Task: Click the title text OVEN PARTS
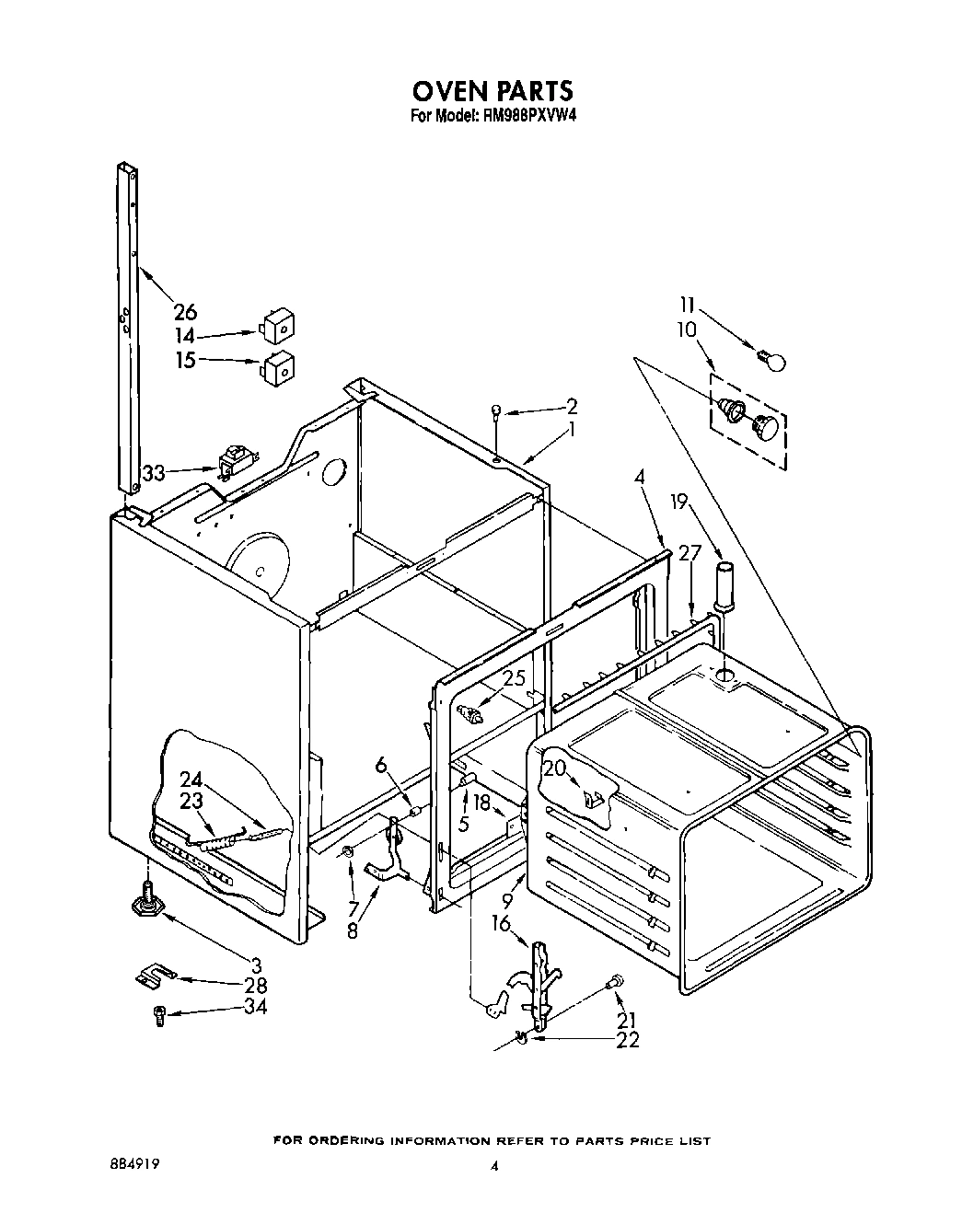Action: (x=492, y=90)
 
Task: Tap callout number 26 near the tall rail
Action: (x=185, y=311)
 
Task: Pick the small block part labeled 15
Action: (x=279, y=365)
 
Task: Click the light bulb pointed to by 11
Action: (x=772, y=359)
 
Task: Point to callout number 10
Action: (x=686, y=329)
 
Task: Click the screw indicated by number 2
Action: (x=497, y=413)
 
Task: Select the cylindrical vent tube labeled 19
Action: (x=723, y=584)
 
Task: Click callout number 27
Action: (x=690, y=552)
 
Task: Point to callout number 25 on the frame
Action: (x=516, y=679)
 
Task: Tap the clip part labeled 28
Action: (x=154, y=976)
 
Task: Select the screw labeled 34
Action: (x=158, y=1015)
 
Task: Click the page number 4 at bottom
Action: (x=494, y=1164)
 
